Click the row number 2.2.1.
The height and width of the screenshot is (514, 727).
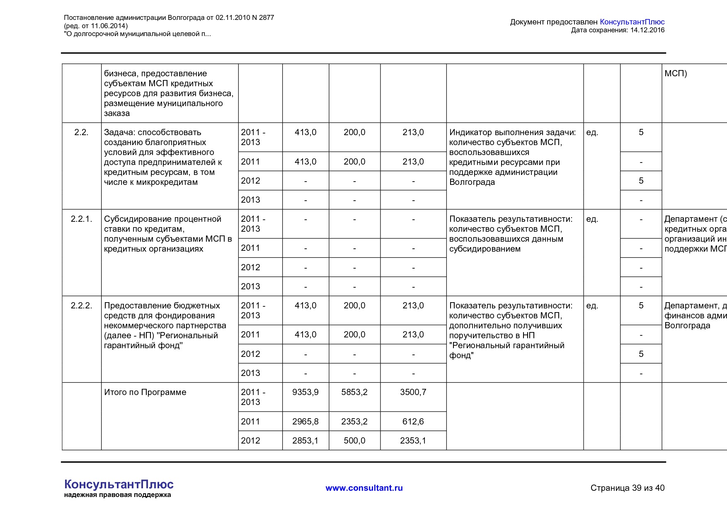(x=81, y=219)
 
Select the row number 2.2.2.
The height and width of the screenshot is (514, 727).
(x=81, y=305)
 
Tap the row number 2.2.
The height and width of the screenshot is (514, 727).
(x=81, y=132)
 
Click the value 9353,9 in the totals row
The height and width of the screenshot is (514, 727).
(x=305, y=392)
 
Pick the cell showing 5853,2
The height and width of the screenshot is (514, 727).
(x=354, y=392)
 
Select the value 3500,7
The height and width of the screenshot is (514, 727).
(x=413, y=392)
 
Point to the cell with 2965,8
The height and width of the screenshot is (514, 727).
(x=305, y=422)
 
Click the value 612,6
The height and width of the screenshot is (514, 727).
(x=413, y=422)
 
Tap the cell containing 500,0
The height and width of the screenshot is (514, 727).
(x=354, y=441)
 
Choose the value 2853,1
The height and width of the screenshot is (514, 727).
(x=305, y=441)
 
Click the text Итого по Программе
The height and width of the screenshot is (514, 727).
(x=145, y=392)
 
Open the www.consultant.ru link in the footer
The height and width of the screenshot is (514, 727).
(x=364, y=488)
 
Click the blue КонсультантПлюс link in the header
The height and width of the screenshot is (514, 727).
(x=632, y=22)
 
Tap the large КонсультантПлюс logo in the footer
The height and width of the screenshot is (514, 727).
(x=119, y=484)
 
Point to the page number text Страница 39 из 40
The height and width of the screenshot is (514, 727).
(x=627, y=488)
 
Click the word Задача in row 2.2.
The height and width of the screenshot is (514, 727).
(x=119, y=132)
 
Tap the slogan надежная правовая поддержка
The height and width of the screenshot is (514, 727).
(x=117, y=495)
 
